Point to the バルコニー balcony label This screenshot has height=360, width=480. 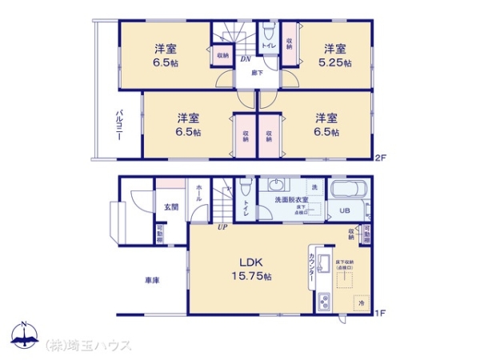click(117, 123)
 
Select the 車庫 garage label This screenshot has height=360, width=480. click(152, 282)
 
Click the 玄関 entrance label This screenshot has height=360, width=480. click(171, 206)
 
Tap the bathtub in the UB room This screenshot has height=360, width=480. click(348, 192)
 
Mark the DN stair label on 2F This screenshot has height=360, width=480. click(246, 58)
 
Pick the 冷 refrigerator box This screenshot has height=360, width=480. click(361, 304)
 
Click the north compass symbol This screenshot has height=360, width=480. click(25, 336)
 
